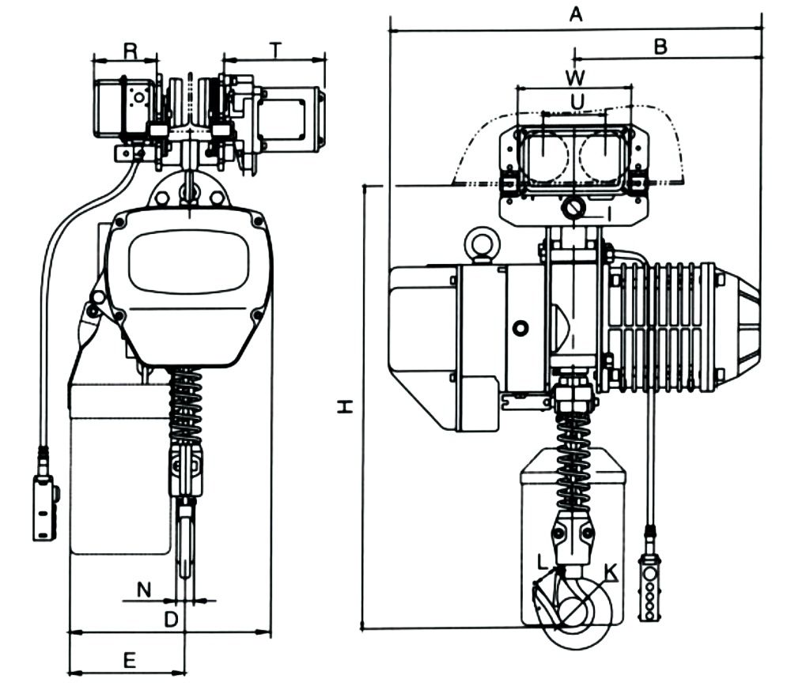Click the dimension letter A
[x=576, y=13]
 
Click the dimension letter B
[x=660, y=46]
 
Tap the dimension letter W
[x=576, y=77]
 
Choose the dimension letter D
[x=171, y=620]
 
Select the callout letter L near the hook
[x=542, y=564]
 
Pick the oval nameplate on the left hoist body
[x=188, y=262]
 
